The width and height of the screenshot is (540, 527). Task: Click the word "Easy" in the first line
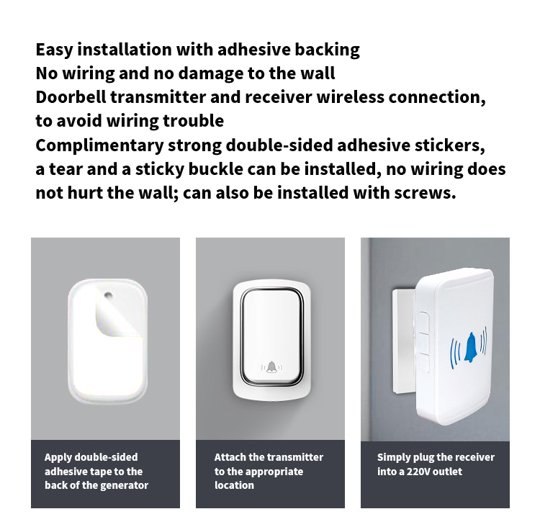click(55, 50)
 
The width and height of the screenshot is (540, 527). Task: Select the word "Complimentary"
click(99, 146)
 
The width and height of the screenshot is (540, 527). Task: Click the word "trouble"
click(193, 121)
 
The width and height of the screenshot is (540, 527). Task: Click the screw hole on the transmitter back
click(108, 295)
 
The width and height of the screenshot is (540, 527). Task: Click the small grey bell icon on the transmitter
click(271, 367)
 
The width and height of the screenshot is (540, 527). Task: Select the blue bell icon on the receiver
click(469, 348)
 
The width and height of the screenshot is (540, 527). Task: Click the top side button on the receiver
click(425, 323)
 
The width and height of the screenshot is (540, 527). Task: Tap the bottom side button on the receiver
click(425, 363)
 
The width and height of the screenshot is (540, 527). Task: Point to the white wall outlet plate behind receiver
click(404, 341)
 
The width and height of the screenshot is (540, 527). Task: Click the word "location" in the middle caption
click(234, 485)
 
